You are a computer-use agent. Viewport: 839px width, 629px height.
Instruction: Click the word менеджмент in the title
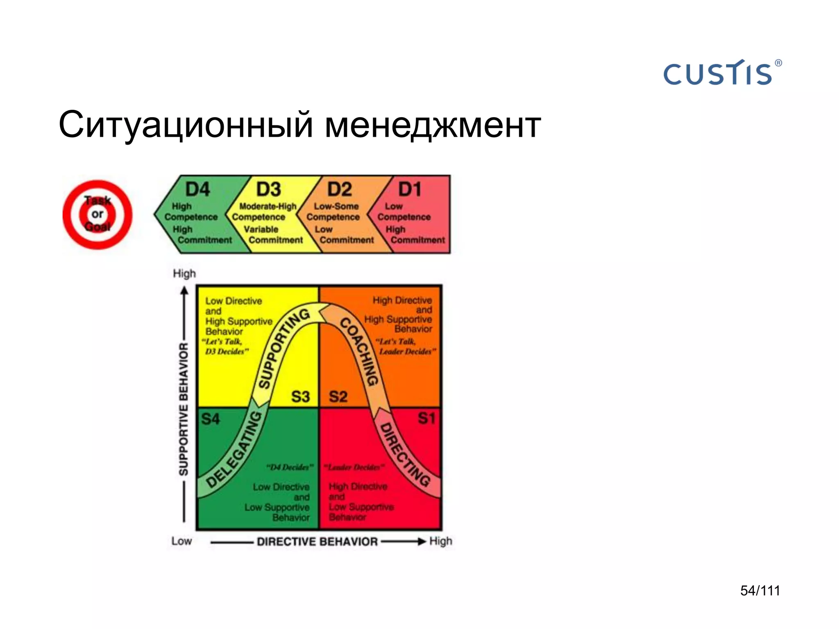click(433, 125)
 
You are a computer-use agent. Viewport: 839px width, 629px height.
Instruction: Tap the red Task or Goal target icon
click(98, 214)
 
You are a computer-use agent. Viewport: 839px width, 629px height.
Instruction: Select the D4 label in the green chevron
click(197, 189)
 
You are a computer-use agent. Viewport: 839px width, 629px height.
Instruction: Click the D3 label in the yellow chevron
click(268, 189)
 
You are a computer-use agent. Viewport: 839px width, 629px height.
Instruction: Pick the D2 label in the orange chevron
click(339, 189)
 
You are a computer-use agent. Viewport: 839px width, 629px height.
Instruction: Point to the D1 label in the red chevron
click(410, 189)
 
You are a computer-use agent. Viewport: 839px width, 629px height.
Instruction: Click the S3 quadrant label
click(300, 396)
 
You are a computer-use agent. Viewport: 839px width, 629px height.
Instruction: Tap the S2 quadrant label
click(338, 396)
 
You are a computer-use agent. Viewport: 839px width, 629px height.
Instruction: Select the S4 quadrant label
click(211, 419)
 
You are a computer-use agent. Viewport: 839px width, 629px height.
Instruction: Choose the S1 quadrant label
click(426, 418)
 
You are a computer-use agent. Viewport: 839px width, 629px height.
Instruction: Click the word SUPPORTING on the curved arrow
click(283, 348)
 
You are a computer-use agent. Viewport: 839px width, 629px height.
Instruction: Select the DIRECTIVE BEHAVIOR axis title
click(317, 541)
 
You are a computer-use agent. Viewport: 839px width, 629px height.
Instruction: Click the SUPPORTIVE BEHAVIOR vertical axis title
click(184, 410)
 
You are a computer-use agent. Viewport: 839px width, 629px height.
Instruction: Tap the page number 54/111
click(760, 591)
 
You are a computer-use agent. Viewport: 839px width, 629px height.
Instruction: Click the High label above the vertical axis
click(184, 273)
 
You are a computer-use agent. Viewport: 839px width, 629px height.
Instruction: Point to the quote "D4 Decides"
click(290, 467)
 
